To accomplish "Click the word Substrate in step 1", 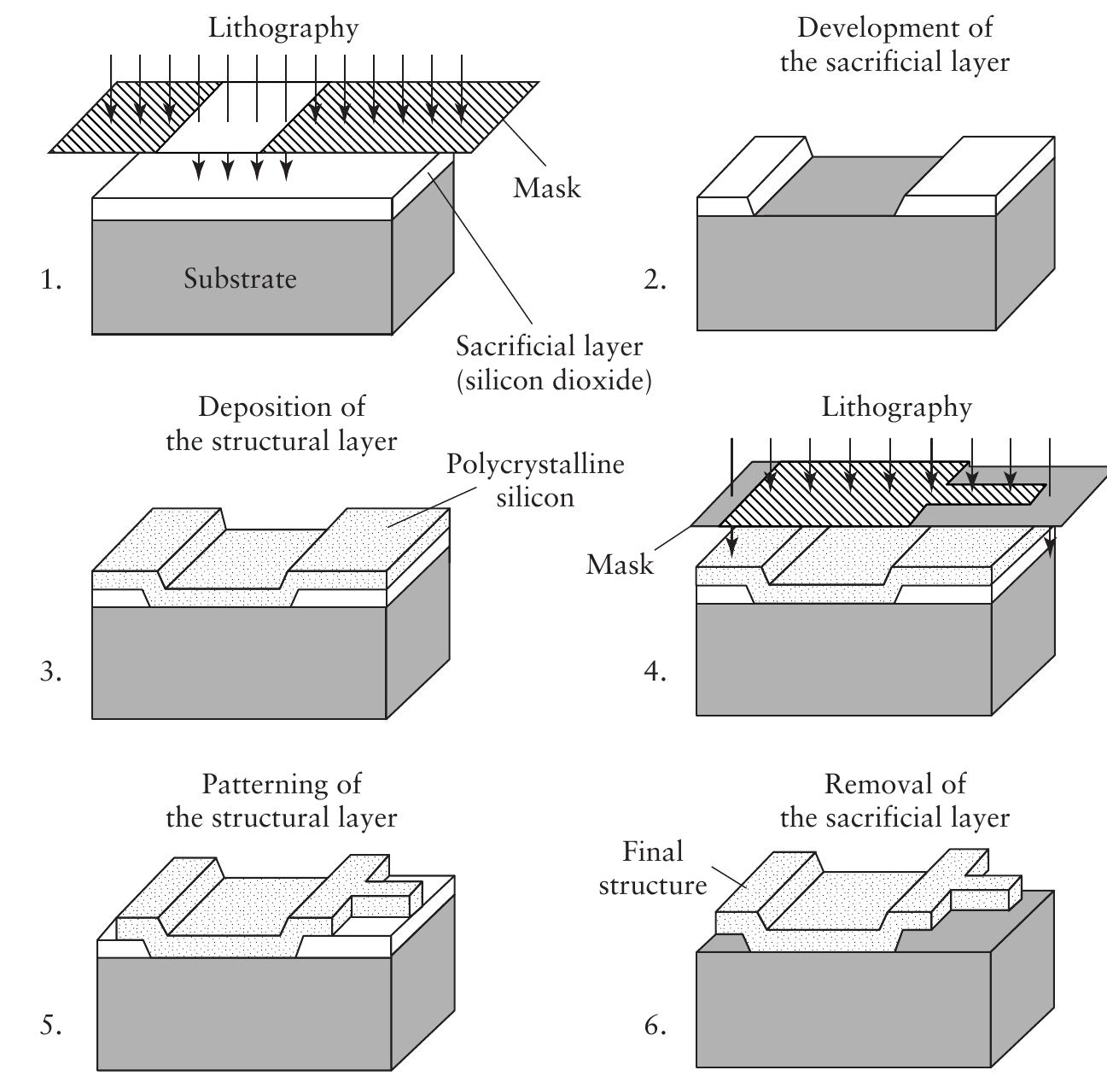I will click(x=240, y=279).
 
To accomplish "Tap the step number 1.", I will click(x=51, y=280).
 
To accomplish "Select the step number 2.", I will click(x=655, y=280).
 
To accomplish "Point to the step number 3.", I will click(x=51, y=672).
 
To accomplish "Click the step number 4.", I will click(x=655, y=672).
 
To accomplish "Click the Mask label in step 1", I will click(x=546, y=188).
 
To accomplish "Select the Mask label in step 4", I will click(x=620, y=564).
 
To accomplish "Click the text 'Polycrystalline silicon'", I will click(x=535, y=480).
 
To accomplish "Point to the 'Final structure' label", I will click(x=653, y=868).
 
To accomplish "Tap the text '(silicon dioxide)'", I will click(x=554, y=380).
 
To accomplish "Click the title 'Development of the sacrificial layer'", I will click(x=894, y=44).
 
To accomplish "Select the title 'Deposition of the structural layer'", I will click(x=282, y=424).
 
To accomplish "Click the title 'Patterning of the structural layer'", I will click(x=282, y=800).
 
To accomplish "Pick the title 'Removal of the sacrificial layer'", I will click(x=894, y=800).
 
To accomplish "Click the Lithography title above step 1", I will click(x=283, y=27).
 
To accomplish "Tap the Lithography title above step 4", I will click(x=896, y=407).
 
